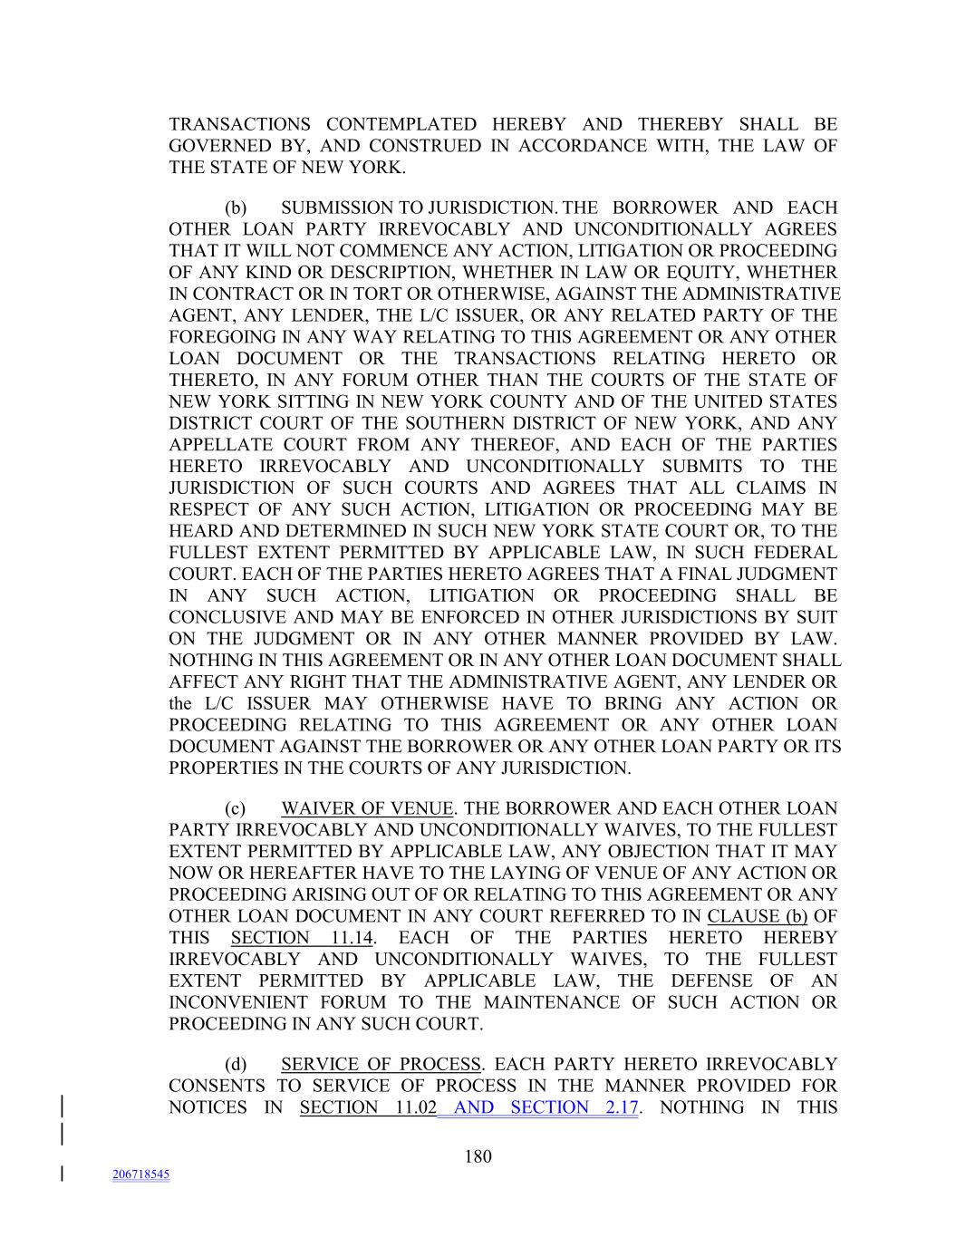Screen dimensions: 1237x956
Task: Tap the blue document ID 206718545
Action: (x=141, y=1174)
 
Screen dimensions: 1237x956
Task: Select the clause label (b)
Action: (x=236, y=208)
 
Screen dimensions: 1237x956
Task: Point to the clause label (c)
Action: (x=236, y=808)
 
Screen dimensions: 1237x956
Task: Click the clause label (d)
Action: (x=236, y=1064)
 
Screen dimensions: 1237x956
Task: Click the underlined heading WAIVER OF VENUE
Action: (x=367, y=808)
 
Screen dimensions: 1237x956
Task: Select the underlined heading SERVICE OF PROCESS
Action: (x=381, y=1064)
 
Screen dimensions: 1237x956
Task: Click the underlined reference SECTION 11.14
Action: (x=302, y=938)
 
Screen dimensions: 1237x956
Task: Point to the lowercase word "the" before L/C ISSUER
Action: (x=182, y=703)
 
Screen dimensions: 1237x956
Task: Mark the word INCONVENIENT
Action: (x=239, y=1002)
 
